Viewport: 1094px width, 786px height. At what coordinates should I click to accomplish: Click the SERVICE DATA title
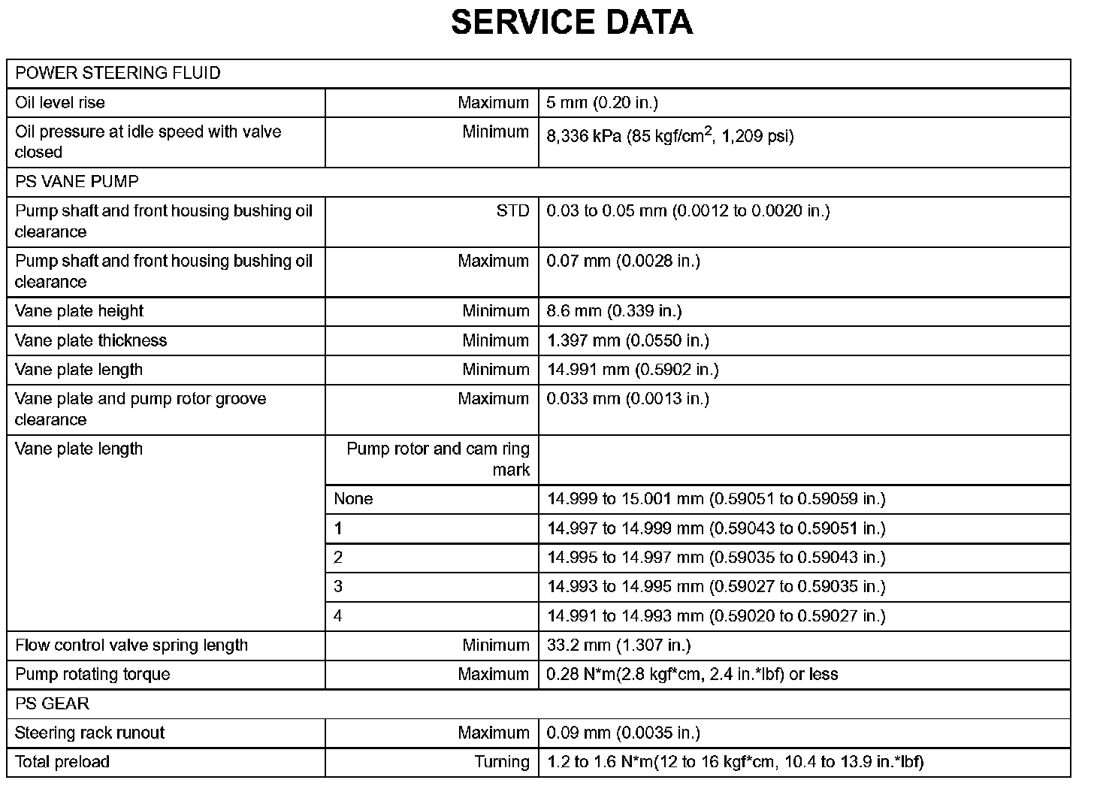571,23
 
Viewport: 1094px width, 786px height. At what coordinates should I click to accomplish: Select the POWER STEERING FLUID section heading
118,74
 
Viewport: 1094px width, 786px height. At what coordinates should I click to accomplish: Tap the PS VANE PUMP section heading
77,182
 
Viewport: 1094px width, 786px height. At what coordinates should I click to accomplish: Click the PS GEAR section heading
53,704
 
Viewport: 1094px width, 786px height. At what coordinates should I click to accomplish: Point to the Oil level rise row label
60,103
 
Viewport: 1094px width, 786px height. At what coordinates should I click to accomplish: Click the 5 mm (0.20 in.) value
603,103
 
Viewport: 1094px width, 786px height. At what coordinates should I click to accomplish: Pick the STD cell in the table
512,211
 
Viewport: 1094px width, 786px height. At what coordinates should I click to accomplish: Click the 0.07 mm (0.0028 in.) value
624,261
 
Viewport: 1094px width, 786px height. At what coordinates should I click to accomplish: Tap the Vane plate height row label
79,312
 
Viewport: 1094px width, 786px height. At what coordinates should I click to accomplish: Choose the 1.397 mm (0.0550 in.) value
628,341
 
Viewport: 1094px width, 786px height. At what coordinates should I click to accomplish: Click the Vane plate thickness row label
91,341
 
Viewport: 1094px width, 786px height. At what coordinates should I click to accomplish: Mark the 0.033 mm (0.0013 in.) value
628,399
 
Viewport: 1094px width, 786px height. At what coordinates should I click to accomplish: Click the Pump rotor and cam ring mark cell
438,459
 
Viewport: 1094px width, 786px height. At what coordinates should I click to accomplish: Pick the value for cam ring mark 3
717,587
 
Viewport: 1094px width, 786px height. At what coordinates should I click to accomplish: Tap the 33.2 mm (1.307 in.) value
619,645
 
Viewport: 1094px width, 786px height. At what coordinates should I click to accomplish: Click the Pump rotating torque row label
92,675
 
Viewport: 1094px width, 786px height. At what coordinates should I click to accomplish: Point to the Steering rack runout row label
90,733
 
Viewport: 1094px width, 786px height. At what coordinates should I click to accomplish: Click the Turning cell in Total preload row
502,763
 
